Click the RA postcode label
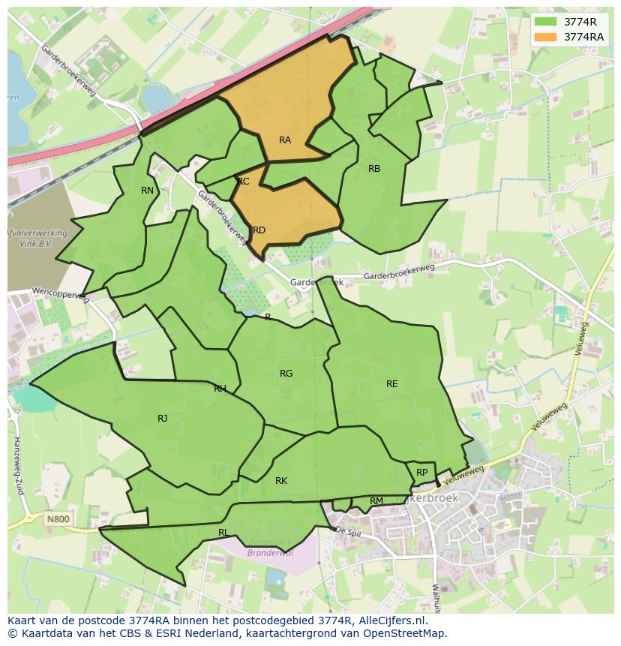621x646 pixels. pyautogui.click(x=285, y=140)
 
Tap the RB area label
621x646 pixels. pyautogui.click(x=374, y=169)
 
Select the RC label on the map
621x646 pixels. pyautogui.click(x=243, y=182)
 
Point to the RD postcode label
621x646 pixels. pyautogui.click(x=259, y=230)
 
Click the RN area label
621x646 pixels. pyautogui.click(x=147, y=191)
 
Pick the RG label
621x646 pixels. pyautogui.click(x=286, y=374)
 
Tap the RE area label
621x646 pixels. pyautogui.click(x=391, y=384)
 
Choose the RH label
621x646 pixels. pyautogui.click(x=220, y=389)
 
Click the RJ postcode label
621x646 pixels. pyautogui.click(x=163, y=419)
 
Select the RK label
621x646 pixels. pyautogui.click(x=281, y=481)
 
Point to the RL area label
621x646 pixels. pyautogui.click(x=223, y=533)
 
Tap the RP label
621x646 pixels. pyautogui.click(x=421, y=473)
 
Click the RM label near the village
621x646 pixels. pyautogui.click(x=376, y=501)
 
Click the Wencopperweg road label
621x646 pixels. pyautogui.click(x=60, y=293)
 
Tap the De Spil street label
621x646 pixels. pyautogui.click(x=349, y=530)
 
